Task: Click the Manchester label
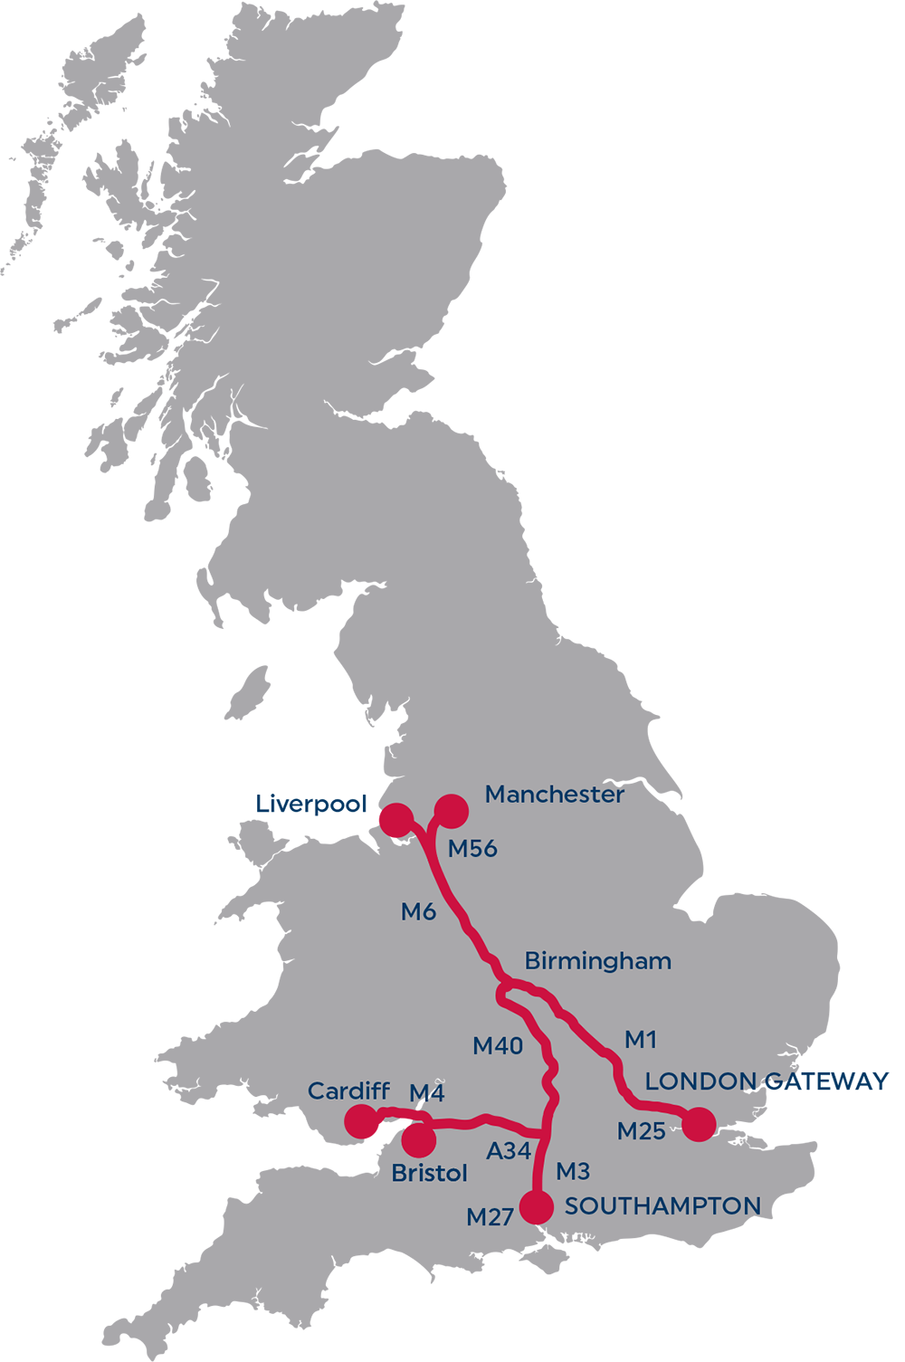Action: (554, 795)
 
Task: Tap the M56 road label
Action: (472, 849)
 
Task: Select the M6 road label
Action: (418, 912)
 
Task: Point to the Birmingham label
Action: (597, 961)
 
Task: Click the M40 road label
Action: (498, 1046)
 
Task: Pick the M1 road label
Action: (641, 1040)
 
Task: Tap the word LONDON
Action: (700, 1081)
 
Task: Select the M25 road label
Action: (641, 1131)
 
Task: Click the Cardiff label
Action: (348, 1091)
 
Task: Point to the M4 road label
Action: (426, 1093)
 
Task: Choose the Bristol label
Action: (429, 1174)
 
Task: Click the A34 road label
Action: (509, 1151)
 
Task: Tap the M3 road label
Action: (573, 1172)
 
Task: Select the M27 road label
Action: (490, 1218)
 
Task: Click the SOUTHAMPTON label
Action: (662, 1206)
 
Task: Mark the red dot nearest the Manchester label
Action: (452, 811)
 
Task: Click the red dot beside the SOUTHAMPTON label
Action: (537, 1207)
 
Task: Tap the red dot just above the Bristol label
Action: (418, 1140)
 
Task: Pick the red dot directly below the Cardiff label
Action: (362, 1123)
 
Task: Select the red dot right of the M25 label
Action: (699, 1124)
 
